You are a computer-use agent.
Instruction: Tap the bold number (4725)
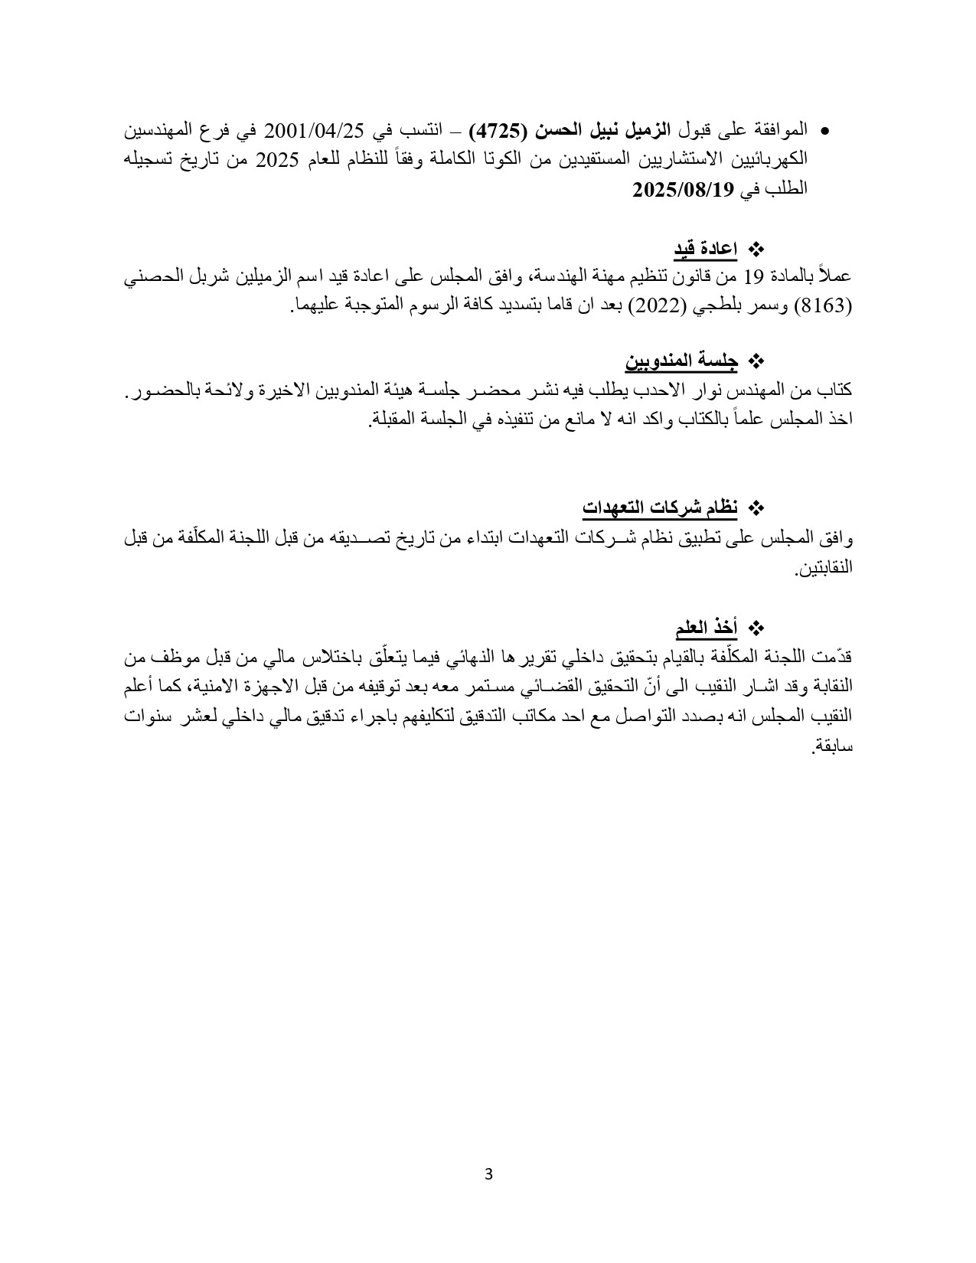click(x=497, y=130)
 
